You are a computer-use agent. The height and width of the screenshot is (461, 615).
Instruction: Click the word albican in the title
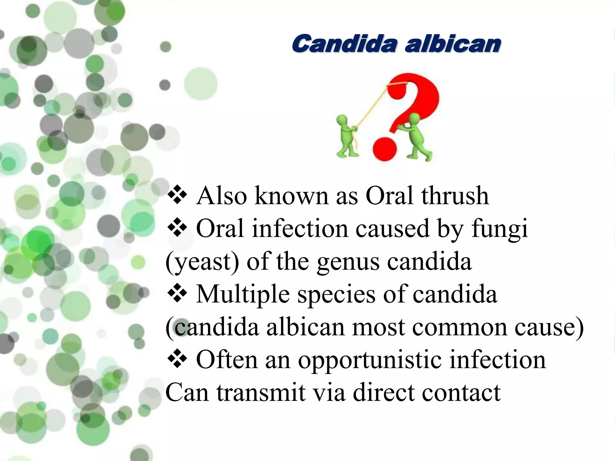(453, 44)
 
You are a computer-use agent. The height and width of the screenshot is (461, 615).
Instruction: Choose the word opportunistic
(370, 360)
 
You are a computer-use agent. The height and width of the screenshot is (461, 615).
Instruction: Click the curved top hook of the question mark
(414, 87)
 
